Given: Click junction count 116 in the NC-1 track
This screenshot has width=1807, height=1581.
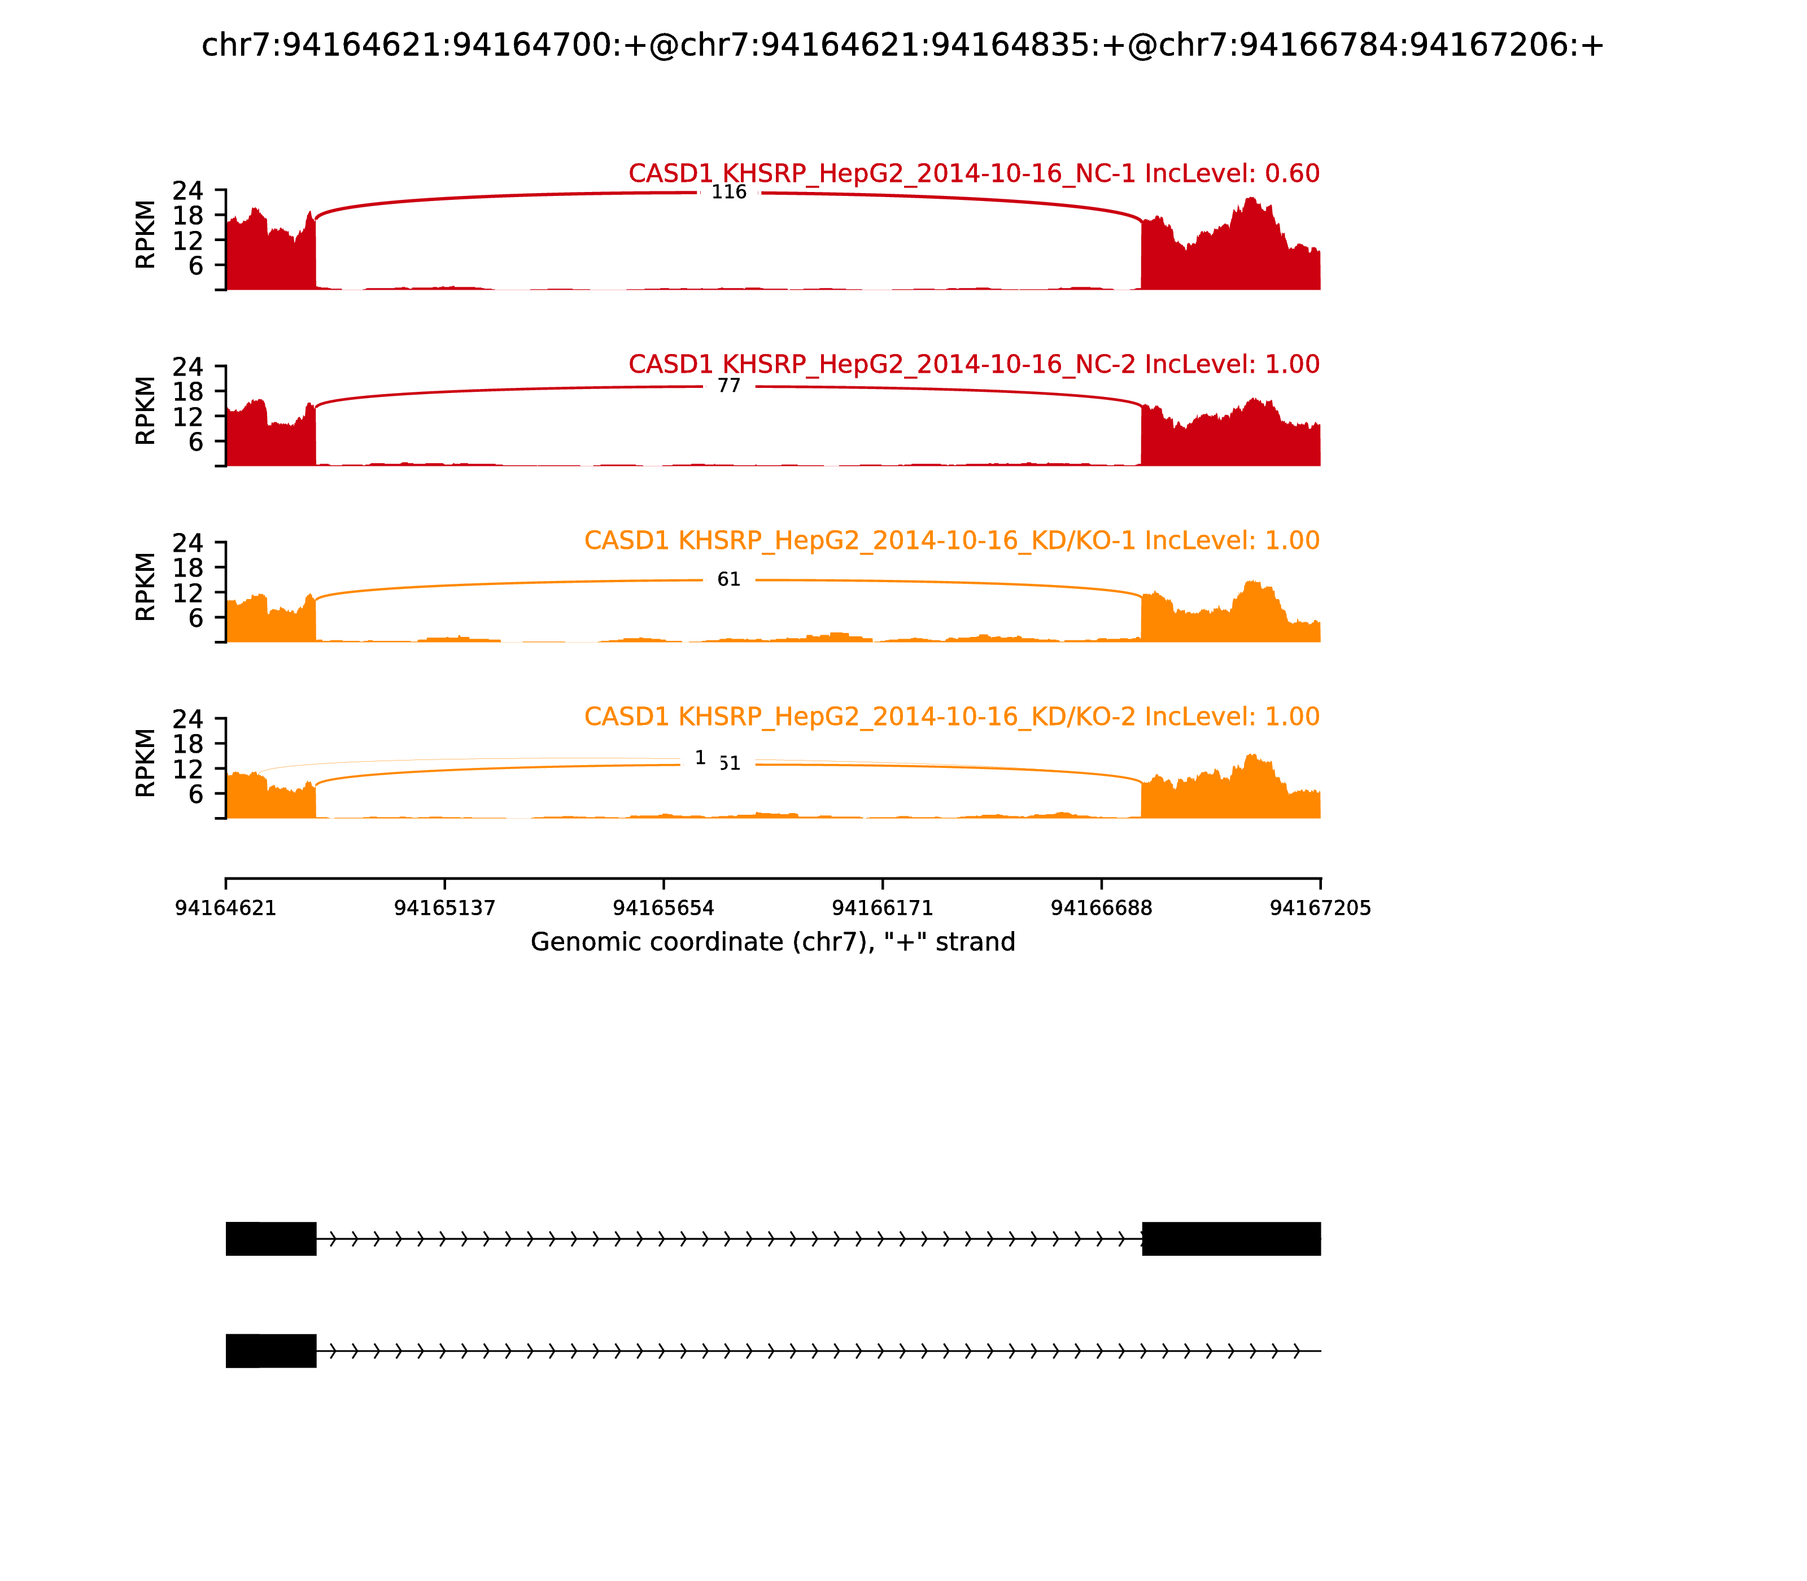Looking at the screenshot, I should tap(729, 193).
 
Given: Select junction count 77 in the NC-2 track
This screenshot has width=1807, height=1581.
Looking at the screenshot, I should tap(729, 386).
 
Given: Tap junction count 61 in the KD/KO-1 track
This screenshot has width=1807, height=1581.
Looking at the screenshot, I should tap(729, 580).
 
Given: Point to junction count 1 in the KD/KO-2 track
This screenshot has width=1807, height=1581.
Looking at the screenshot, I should tap(701, 758).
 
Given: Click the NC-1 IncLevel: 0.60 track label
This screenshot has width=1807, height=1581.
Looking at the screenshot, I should tap(973, 174).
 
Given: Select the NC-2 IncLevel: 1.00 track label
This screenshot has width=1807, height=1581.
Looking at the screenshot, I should tap(973, 364).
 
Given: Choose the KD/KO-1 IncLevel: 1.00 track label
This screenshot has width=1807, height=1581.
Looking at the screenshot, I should tap(951, 541).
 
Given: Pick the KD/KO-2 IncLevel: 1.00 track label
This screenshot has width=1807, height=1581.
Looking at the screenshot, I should tap(951, 717).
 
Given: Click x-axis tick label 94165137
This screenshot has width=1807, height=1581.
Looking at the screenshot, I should tap(445, 908).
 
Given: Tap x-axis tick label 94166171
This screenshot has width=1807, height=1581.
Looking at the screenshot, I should tap(882, 908).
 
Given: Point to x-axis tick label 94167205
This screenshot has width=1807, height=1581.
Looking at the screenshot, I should tap(1320, 908).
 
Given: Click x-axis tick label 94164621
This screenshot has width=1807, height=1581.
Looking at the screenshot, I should tap(226, 908).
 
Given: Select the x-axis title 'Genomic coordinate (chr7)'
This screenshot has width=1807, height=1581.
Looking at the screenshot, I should tap(773, 942).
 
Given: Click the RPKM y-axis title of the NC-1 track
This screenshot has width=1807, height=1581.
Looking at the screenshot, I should tap(146, 235).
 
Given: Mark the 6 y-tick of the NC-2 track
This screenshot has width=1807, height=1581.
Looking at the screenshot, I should tap(195, 441).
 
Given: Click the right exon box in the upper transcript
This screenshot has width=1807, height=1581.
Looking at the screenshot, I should tap(1231, 1239).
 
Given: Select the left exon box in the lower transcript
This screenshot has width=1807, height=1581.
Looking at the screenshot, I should tap(271, 1351).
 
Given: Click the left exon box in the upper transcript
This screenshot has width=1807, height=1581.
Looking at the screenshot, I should tap(271, 1239).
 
